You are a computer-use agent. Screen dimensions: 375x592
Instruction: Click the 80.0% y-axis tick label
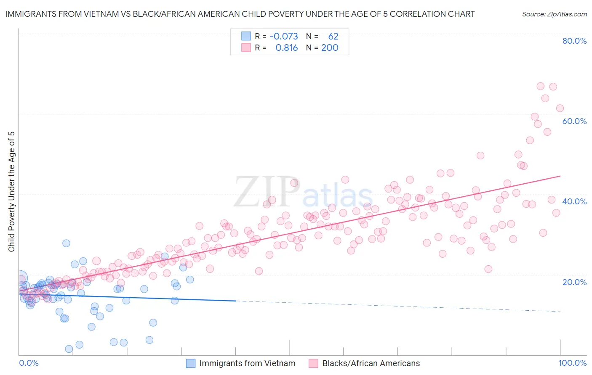click(x=574, y=41)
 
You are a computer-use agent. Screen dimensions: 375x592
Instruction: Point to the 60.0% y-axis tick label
click(x=574, y=121)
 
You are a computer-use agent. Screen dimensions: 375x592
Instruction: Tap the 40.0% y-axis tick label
click(x=574, y=201)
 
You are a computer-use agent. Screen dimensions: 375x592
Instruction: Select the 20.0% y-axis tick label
click(x=574, y=282)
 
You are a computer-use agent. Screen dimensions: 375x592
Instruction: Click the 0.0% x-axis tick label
click(x=29, y=363)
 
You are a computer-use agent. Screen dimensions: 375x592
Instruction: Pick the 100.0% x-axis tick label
click(x=572, y=363)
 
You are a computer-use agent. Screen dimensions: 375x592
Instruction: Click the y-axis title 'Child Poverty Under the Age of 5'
click(x=11, y=191)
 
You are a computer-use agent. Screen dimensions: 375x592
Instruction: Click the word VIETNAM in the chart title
click(x=99, y=14)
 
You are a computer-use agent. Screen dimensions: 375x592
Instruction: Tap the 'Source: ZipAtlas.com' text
click(x=554, y=14)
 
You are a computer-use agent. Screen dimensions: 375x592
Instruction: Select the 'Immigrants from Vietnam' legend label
click(x=247, y=363)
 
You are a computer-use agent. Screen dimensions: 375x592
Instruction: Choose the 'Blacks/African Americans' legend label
click(x=371, y=363)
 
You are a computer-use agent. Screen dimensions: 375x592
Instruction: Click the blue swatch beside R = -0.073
click(x=246, y=36)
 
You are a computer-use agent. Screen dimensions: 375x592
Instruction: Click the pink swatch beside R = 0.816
click(x=246, y=48)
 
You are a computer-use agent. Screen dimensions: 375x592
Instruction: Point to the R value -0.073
click(x=283, y=36)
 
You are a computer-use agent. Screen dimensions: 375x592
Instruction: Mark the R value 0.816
click(x=286, y=48)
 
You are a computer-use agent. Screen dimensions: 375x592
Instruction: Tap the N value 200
click(x=330, y=48)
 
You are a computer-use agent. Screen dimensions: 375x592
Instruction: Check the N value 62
click(x=333, y=36)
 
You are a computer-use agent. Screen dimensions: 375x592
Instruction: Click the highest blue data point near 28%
click(x=66, y=243)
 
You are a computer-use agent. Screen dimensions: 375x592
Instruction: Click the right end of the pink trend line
click(x=560, y=176)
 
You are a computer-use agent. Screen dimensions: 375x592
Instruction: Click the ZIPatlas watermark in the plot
click(x=303, y=192)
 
